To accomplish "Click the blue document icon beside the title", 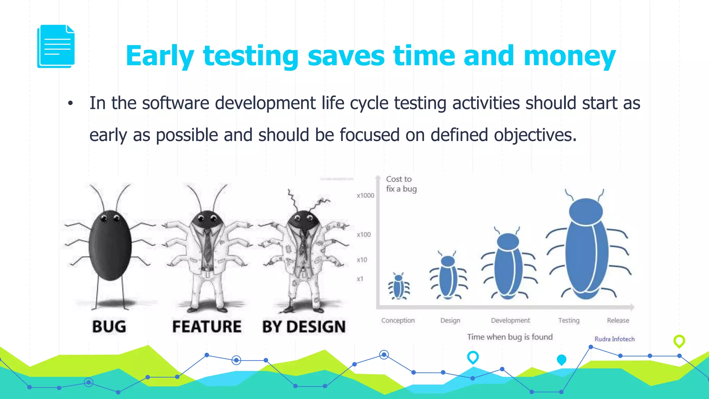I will click(56, 46).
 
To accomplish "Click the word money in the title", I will click(569, 56).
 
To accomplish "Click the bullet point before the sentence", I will click(71, 103).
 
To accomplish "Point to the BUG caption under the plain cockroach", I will click(109, 327).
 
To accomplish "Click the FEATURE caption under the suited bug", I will click(207, 327).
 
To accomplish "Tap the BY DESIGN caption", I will click(304, 327).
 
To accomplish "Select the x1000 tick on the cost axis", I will click(365, 196).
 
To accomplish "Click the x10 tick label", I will click(362, 260).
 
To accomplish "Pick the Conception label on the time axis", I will click(398, 320).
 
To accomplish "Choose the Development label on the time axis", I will click(510, 320).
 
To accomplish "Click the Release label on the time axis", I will click(618, 320).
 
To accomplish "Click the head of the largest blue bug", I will click(586, 211).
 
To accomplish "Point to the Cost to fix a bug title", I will click(401, 184).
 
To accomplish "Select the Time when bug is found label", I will click(510, 337).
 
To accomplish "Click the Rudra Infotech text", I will click(614, 339).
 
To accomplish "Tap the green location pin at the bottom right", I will click(679, 341).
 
